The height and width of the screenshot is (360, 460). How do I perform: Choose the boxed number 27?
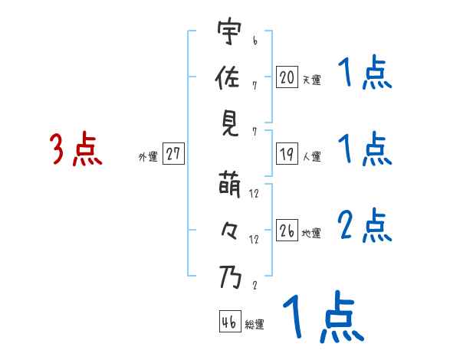point(173,154)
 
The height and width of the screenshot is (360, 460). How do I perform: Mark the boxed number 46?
point(229,322)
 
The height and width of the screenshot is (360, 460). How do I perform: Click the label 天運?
point(311,80)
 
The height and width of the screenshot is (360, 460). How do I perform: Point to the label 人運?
point(311,157)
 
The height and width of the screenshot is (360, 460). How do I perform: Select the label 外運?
point(147,157)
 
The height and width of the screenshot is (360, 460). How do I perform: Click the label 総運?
point(254,325)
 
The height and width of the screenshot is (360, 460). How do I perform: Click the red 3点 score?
point(76,149)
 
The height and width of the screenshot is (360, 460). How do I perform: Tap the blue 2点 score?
point(364,226)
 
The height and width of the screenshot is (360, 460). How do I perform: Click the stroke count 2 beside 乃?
point(254,286)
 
